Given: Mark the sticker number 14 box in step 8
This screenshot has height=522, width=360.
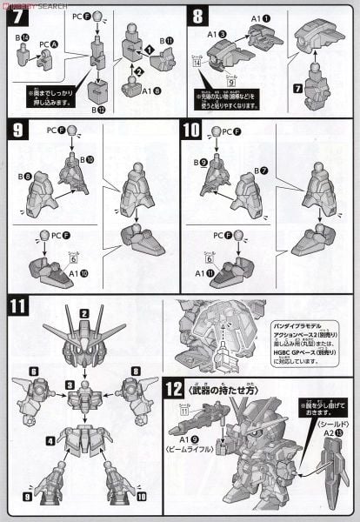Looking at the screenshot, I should click(x=197, y=87).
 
